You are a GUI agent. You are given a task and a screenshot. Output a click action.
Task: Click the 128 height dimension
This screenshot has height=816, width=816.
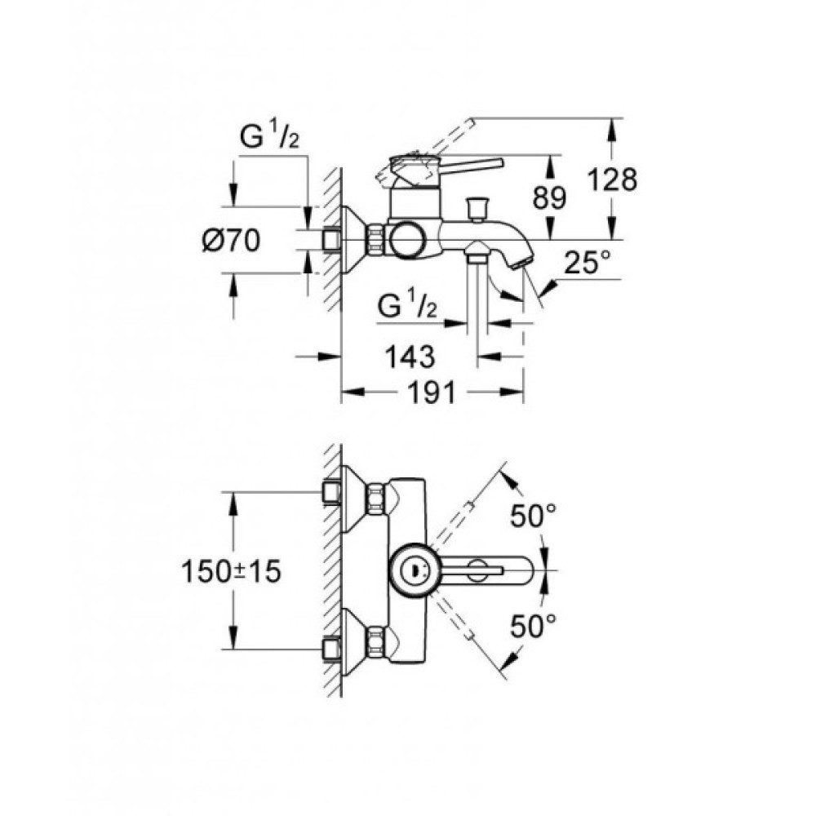point(613,179)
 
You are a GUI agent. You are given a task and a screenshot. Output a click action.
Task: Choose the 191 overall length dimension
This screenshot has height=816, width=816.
point(432,392)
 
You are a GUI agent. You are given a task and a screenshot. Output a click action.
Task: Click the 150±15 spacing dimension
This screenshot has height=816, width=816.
point(231,571)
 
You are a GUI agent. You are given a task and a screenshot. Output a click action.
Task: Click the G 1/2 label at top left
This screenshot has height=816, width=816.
point(269,138)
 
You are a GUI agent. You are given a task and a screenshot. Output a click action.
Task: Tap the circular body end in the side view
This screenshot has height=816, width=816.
point(406,240)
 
